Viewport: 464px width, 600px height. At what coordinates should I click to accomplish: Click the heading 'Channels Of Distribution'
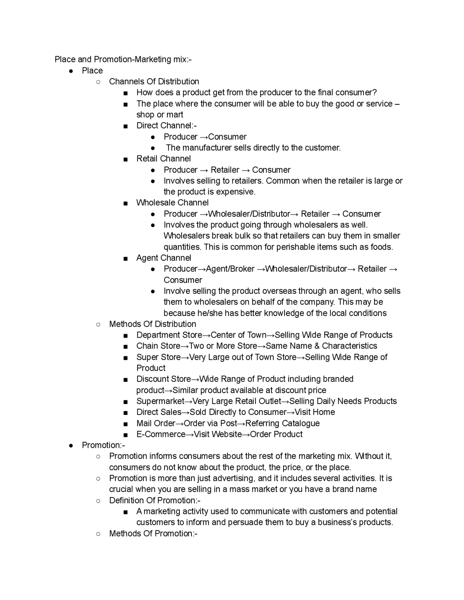click(154, 82)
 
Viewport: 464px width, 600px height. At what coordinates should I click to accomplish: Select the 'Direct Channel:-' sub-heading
click(166, 126)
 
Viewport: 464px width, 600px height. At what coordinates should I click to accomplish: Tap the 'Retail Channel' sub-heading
click(163, 159)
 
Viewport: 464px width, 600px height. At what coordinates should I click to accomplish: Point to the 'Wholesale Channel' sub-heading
click(172, 203)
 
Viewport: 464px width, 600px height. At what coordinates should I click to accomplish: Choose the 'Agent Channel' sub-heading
click(163, 258)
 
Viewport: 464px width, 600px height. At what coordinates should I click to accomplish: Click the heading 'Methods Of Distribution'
click(152, 324)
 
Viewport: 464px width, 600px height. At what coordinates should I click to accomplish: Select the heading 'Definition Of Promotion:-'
click(155, 500)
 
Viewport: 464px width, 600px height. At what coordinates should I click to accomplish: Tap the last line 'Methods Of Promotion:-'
click(153, 533)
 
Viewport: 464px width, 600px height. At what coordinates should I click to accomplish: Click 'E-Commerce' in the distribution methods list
click(161, 434)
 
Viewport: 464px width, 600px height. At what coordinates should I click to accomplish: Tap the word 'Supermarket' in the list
click(160, 401)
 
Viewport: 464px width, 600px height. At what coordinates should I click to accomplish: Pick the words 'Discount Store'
click(163, 379)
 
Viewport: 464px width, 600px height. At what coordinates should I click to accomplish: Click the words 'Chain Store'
click(158, 346)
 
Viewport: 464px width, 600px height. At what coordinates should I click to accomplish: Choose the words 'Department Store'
click(169, 335)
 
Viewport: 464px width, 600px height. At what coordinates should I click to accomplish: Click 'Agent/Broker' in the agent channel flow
click(230, 269)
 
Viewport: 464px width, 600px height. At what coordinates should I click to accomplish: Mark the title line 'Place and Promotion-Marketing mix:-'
click(123, 59)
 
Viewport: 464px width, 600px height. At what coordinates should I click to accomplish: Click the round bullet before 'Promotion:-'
click(71, 445)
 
